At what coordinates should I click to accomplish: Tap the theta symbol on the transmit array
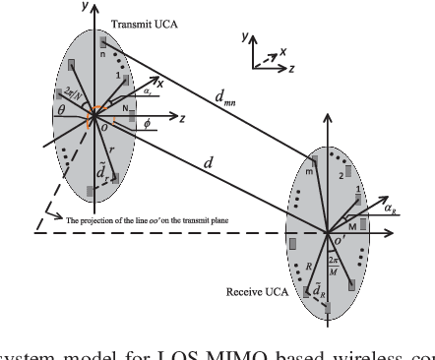pos(60,113)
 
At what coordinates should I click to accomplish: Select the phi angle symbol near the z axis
pos(147,125)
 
